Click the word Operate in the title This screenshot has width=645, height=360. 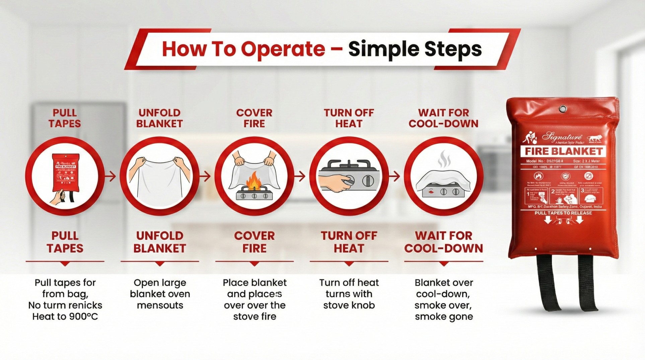click(283, 49)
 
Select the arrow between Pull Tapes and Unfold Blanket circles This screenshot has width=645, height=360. click(110, 176)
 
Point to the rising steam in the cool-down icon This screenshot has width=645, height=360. click(444, 160)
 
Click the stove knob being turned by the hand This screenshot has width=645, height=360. click(349, 181)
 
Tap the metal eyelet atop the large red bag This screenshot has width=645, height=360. click(563, 109)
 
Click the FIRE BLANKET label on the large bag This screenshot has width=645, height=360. click(564, 151)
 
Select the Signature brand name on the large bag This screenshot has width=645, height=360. click(562, 136)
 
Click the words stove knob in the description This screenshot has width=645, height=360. click(349, 305)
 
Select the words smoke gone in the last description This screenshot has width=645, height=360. click(444, 316)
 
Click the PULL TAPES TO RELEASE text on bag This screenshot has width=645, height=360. click(563, 213)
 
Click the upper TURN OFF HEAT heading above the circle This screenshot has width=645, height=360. click(349, 118)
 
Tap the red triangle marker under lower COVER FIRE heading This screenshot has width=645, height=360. click(255, 264)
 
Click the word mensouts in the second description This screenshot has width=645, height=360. click(160, 305)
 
